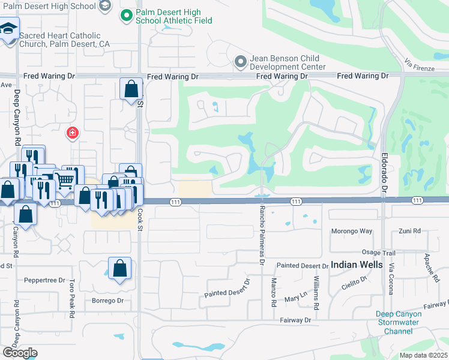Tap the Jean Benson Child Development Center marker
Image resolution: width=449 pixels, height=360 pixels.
pos(241,61)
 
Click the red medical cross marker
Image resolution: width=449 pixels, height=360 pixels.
pos(72,132)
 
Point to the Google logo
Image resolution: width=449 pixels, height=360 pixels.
pos(20,353)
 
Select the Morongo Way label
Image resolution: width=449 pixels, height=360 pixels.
pos(352,232)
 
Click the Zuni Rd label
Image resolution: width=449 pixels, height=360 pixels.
pos(410,231)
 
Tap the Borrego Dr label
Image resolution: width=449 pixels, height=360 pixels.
pos(107,301)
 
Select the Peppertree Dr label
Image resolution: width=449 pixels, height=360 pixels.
pos(44,280)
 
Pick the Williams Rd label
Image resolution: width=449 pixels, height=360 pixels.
pos(315,289)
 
